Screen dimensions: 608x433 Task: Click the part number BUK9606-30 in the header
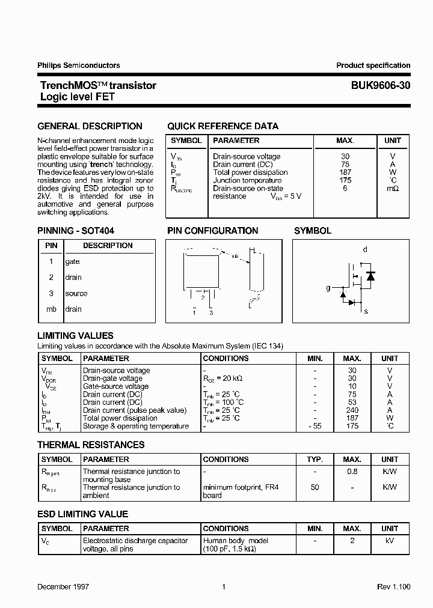click(x=381, y=85)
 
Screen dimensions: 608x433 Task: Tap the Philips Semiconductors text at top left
click(x=78, y=65)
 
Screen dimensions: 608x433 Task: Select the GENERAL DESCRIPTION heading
click(x=90, y=126)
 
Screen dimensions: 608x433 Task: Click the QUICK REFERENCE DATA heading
click(x=223, y=126)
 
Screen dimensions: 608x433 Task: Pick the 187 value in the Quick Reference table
click(x=345, y=172)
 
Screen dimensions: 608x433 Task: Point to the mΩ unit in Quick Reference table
click(x=392, y=189)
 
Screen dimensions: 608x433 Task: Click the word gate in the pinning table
click(x=72, y=261)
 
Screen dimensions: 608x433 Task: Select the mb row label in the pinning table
click(x=51, y=309)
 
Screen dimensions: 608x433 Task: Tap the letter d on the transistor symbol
click(x=365, y=249)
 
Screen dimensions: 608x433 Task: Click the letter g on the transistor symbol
click(x=328, y=288)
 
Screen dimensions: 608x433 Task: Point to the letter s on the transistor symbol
click(x=366, y=311)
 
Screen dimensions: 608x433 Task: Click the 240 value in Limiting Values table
click(x=352, y=410)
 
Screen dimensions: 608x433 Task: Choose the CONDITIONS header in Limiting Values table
click(x=226, y=358)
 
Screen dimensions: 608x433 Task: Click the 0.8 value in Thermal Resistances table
click(x=352, y=472)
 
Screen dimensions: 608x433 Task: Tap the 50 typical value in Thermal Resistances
click(x=315, y=487)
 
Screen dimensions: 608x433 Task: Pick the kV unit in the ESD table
click(x=390, y=541)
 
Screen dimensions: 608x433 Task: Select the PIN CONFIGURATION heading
click(x=212, y=231)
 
